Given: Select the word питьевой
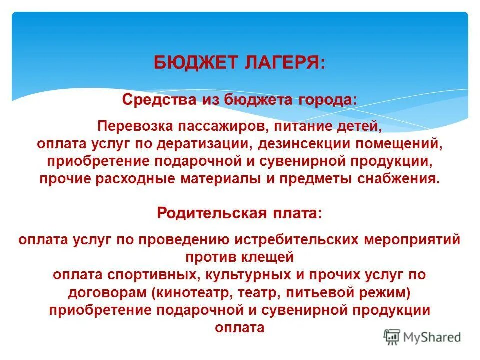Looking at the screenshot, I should tap(337, 292).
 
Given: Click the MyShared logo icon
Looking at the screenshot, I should tap(392, 336).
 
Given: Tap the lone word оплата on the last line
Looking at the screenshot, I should tap(239, 328).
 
